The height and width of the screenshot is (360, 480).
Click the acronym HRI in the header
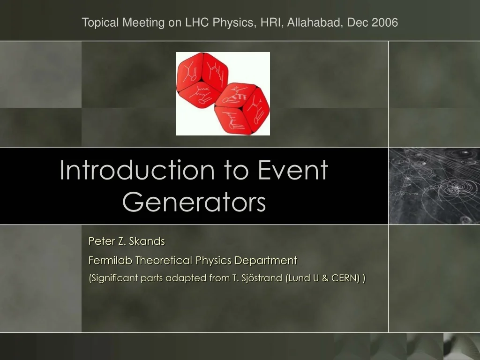[268, 22]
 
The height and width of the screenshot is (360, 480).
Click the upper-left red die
[202, 80]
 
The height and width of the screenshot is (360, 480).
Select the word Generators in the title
[194, 202]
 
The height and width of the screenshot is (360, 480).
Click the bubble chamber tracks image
[434, 186]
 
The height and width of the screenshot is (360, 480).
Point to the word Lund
[299, 278]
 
